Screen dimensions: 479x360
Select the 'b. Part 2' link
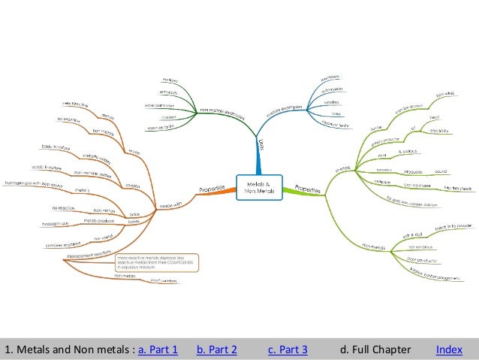tap(216, 349)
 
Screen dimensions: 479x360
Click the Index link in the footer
tap(449, 349)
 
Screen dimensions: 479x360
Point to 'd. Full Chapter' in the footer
tap(375, 349)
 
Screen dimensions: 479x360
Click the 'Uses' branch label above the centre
tap(260, 143)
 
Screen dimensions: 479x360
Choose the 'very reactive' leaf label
tap(75, 104)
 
